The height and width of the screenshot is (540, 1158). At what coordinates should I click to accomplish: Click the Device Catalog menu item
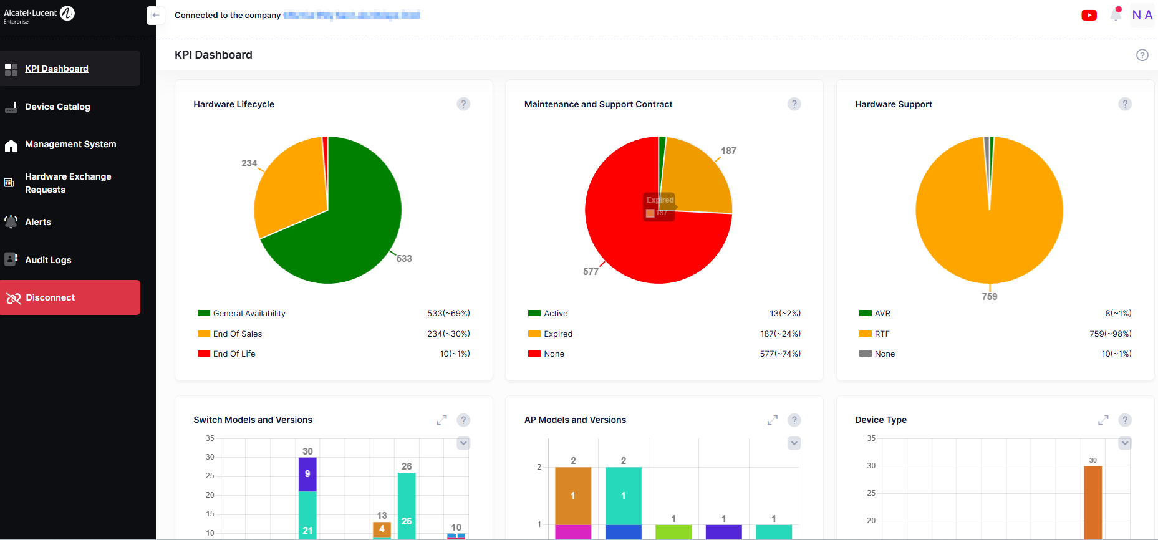click(x=57, y=107)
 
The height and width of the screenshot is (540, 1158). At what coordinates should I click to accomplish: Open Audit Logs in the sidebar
click(x=48, y=260)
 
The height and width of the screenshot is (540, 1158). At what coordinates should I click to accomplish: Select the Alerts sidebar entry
click(x=38, y=222)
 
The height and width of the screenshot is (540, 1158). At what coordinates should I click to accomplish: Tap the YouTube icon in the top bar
click(x=1089, y=16)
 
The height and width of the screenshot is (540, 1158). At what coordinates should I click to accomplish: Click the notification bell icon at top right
click(x=1116, y=15)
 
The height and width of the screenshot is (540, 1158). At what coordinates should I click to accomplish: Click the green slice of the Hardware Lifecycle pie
click(x=349, y=231)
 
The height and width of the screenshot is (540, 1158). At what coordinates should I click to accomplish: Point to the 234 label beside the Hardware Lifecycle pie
click(x=249, y=163)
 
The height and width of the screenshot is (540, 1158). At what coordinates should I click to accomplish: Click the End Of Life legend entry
click(x=234, y=354)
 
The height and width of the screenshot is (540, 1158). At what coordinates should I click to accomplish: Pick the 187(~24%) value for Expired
click(x=780, y=334)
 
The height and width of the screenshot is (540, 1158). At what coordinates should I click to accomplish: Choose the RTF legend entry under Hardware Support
click(x=882, y=334)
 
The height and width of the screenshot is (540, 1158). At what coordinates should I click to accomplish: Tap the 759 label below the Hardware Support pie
click(x=990, y=297)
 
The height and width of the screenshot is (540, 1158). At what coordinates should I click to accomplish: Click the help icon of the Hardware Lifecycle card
click(x=463, y=104)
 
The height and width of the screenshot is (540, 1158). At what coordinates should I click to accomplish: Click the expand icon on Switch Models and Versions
click(x=441, y=420)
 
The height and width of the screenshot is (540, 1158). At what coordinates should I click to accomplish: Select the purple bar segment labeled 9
click(x=307, y=475)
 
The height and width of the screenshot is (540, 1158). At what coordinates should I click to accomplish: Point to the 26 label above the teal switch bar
click(x=407, y=466)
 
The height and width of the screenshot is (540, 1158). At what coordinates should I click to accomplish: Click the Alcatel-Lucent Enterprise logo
click(x=39, y=15)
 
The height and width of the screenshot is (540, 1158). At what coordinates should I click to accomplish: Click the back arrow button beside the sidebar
click(x=155, y=16)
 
